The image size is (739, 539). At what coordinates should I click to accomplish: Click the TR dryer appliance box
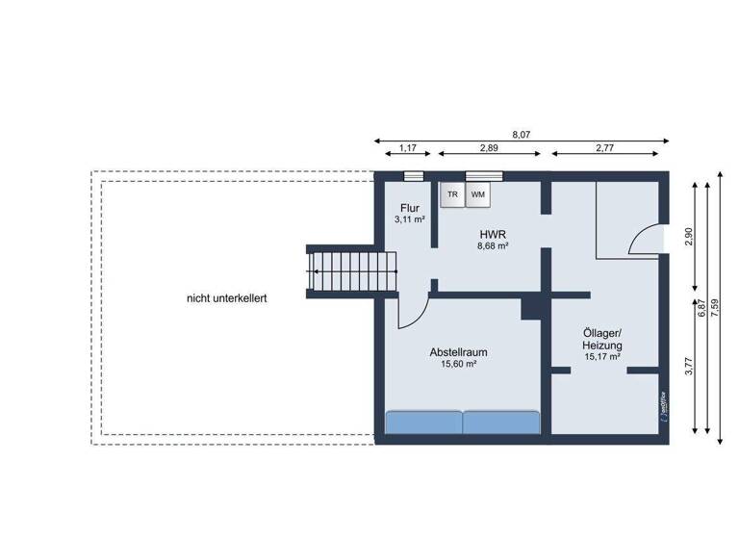coord(452,194)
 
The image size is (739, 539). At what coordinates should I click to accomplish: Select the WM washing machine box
coord(478,194)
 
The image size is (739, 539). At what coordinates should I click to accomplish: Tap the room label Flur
coord(410,208)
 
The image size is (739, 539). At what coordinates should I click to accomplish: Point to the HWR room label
coord(493,234)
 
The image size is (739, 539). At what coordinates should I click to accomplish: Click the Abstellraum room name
coord(459,352)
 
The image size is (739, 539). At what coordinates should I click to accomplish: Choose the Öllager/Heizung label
coord(602,338)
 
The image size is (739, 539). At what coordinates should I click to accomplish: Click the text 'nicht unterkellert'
coord(226,298)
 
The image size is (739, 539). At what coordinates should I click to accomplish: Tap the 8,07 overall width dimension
coord(521,135)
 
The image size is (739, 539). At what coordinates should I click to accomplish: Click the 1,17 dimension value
coord(407,148)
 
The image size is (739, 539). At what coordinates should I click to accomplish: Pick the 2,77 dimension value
coord(605,148)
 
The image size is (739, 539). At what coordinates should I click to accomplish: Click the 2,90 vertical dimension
coord(686,236)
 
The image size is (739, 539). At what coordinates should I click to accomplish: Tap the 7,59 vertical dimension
coord(713,304)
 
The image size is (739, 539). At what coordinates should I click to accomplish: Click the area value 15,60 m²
coord(459,365)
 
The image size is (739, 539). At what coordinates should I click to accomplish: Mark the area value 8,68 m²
coord(493,246)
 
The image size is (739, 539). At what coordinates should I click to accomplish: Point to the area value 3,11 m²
coord(410,219)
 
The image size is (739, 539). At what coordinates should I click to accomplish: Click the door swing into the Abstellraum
coord(411,312)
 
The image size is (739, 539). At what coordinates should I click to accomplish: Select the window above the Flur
coord(413,175)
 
